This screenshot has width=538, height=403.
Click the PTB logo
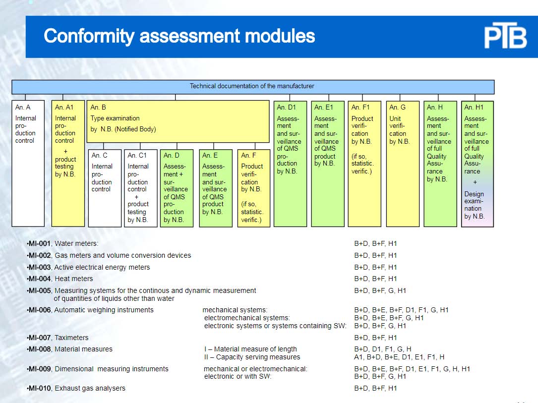[x=505, y=35]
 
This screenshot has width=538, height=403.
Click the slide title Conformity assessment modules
[x=179, y=36]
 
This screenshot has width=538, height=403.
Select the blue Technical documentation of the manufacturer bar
[x=253, y=87]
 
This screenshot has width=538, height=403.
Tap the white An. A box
[x=28, y=163]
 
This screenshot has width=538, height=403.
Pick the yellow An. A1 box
[x=68, y=163]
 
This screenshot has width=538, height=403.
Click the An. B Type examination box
[x=178, y=121]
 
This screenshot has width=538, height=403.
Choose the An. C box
[x=105, y=188]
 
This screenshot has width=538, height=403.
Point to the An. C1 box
[x=141, y=188]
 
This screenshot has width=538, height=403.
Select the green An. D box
[x=177, y=188]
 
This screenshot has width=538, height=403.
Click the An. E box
[x=216, y=188]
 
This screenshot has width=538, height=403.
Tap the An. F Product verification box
[x=254, y=188]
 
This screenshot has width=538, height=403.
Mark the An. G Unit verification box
[x=403, y=164]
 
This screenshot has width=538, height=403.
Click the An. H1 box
[x=478, y=164]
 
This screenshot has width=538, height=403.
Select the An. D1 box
[x=290, y=164]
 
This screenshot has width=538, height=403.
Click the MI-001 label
[x=39, y=243]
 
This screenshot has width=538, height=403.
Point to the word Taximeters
[x=71, y=338]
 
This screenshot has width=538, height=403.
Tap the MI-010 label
[x=39, y=388]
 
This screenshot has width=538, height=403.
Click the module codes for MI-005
[x=380, y=291]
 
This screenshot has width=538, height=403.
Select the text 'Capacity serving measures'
[x=258, y=357]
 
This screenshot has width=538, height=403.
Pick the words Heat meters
[x=74, y=279]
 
